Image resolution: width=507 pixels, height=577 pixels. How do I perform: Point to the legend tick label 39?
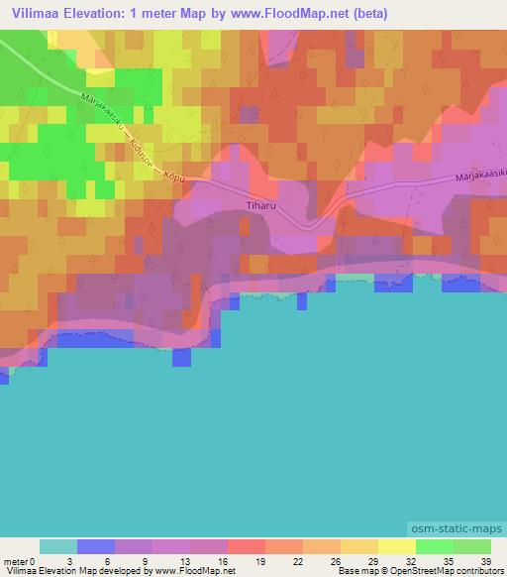(x=485, y=560)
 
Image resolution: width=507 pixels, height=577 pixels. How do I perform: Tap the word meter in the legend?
(x=15, y=560)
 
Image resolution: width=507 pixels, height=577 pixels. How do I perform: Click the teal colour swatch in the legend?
(x=58, y=546)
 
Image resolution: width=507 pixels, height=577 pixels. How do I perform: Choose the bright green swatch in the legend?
(x=434, y=546)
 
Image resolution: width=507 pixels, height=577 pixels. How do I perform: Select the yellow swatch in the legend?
(x=396, y=546)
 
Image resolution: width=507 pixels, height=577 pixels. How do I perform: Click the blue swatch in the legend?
(x=96, y=546)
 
